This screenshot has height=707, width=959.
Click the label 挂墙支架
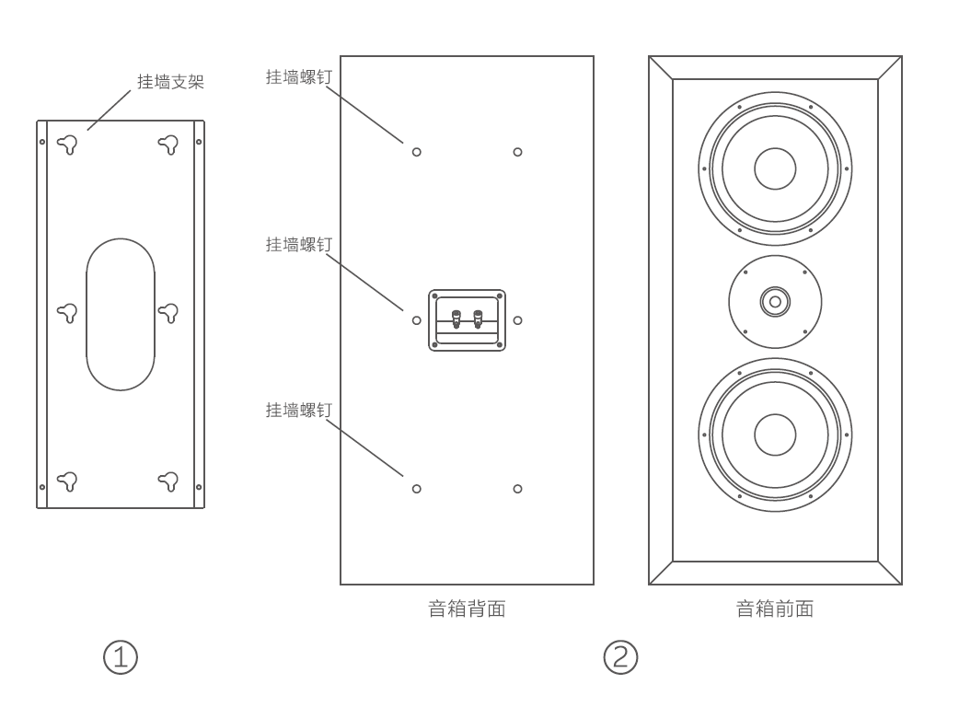click(x=170, y=82)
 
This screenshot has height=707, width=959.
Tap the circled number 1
click(x=120, y=656)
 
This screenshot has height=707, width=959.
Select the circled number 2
click(x=620, y=656)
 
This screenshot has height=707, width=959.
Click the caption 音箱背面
click(x=467, y=608)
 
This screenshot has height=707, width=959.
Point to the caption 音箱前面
click(x=775, y=608)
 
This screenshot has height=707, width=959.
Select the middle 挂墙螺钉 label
click(x=298, y=244)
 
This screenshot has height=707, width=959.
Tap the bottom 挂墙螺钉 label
click(x=298, y=410)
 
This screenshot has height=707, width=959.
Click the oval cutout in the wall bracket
click(x=121, y=313)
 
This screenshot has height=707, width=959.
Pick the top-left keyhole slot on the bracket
click(x=67, y=144)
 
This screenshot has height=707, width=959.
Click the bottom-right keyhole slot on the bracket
click(x=168, y=481)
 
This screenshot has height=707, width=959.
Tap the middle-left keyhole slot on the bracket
click(x=67, y=313)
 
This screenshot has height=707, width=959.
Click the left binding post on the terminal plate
click(x=456, y=319)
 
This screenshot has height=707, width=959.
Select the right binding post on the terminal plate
click(x=478, y=319)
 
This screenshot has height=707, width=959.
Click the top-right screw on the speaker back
click(x=517, y=152)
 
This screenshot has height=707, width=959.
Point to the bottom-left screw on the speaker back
click(x=416, y=489)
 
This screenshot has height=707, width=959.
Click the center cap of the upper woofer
click(x=775, y=168)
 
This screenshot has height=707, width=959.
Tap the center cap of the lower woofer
click(x=775, y=435)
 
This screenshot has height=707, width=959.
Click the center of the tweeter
click(x=775, y=301)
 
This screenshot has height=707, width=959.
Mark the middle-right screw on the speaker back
click(x=517, y=320)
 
